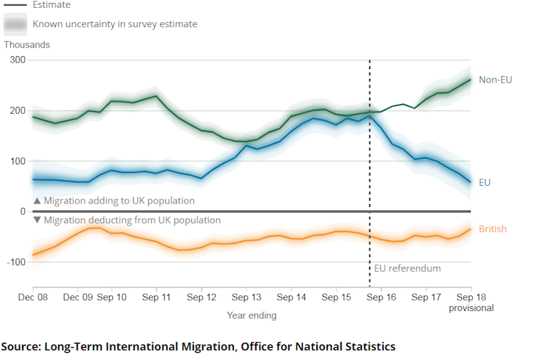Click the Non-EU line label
click(x=495, y=80)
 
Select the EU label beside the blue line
click(x=485, y=182)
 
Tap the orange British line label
click(x=493, y=229)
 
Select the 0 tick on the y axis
click(x=23, y=212)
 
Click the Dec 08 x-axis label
click(x=33, y=297)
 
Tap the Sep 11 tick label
click(x=156, y=297)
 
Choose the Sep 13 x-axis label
click(x=246, y=297)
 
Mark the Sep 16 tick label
click(x=381, y=297)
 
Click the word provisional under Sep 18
click(x=471, y=308)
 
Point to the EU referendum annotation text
click(x=407, y=268)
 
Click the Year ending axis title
click(x=252, y=315)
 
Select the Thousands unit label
click(x=27, y=45)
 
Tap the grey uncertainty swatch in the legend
click(x=15, y=24)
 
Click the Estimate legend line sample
click(x=15, y=5)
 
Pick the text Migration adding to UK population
click(x=119, y=201)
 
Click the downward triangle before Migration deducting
click(x=37, y=221)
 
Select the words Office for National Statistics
click(x=318, y=347)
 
